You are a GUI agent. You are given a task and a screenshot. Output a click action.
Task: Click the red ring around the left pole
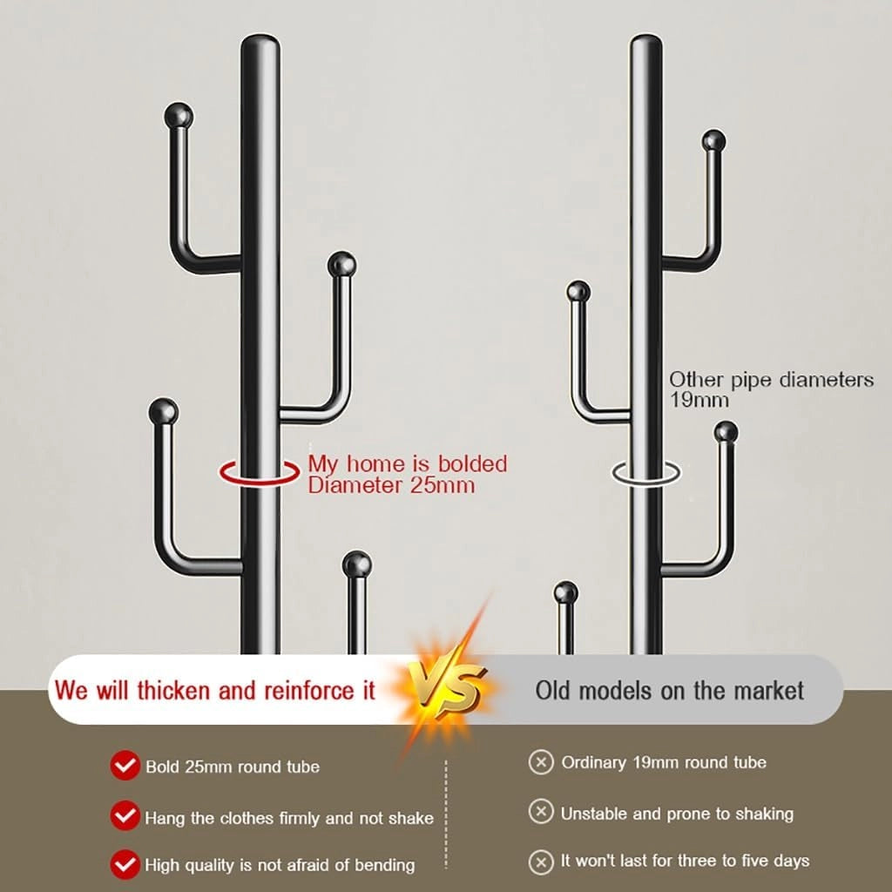tap(260, 483)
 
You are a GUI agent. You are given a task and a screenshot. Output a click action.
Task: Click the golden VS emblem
tap(449, 690)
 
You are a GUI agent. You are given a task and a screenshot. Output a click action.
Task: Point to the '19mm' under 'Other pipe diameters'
tap(699, 400)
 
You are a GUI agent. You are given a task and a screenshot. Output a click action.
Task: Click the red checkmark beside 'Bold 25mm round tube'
tap(125, 765)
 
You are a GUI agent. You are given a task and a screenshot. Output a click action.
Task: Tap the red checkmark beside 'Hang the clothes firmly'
tap(125, 815)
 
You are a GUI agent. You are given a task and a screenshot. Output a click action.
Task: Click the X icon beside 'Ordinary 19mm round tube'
tap(541, 761)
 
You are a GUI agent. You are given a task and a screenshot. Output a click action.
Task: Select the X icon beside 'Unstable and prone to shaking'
tap(541, 812)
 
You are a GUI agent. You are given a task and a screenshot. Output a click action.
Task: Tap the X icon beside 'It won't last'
tap(541, 862)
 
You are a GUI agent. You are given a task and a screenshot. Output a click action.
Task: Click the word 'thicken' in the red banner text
tap(173, 690)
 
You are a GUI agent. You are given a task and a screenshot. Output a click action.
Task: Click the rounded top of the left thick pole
tap(260, 43)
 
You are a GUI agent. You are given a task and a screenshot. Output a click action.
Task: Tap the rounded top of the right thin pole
tap(645, 42)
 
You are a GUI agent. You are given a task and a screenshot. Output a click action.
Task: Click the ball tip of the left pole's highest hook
tap(179, 116)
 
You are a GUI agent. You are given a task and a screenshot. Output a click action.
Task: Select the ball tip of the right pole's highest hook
tap(713, 141)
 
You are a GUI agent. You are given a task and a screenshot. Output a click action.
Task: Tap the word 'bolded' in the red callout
tap(472, 463)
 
